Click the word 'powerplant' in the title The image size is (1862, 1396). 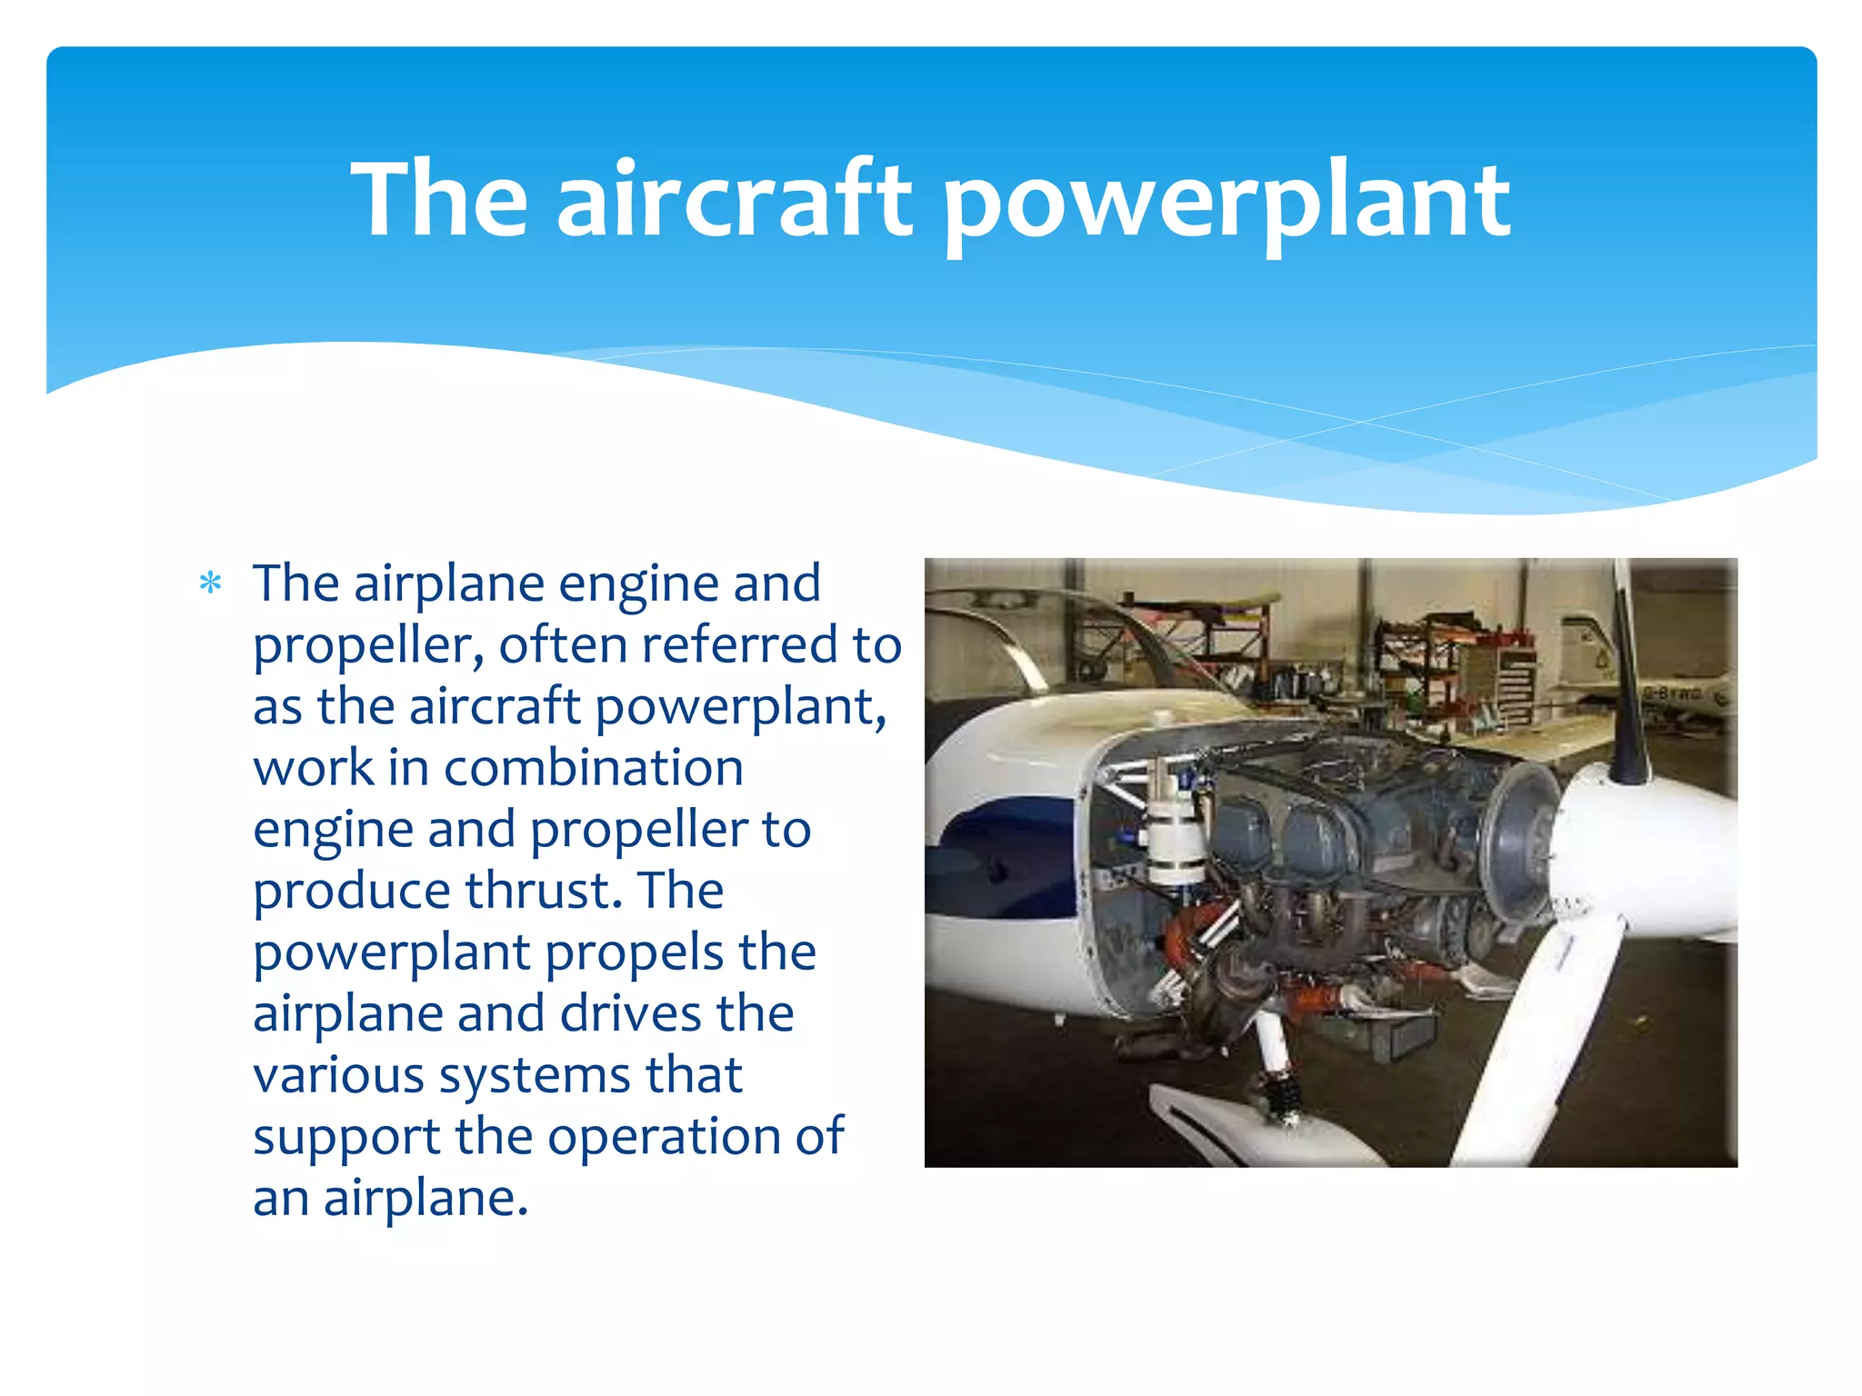pos(1225,202)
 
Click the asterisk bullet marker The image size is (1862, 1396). pos(210,583)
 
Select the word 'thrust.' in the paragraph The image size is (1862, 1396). pos(544,891)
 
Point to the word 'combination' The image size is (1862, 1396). pos(593,768)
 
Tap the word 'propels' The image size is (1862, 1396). pos(633,954)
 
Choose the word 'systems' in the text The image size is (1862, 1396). pos(535,1077)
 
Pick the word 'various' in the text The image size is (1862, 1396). pos(338,1077)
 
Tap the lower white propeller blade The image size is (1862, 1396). pos(1537,1045)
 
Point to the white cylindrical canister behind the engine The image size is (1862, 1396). pos(1176,836)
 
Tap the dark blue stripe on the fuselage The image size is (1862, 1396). pos(1009,854)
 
